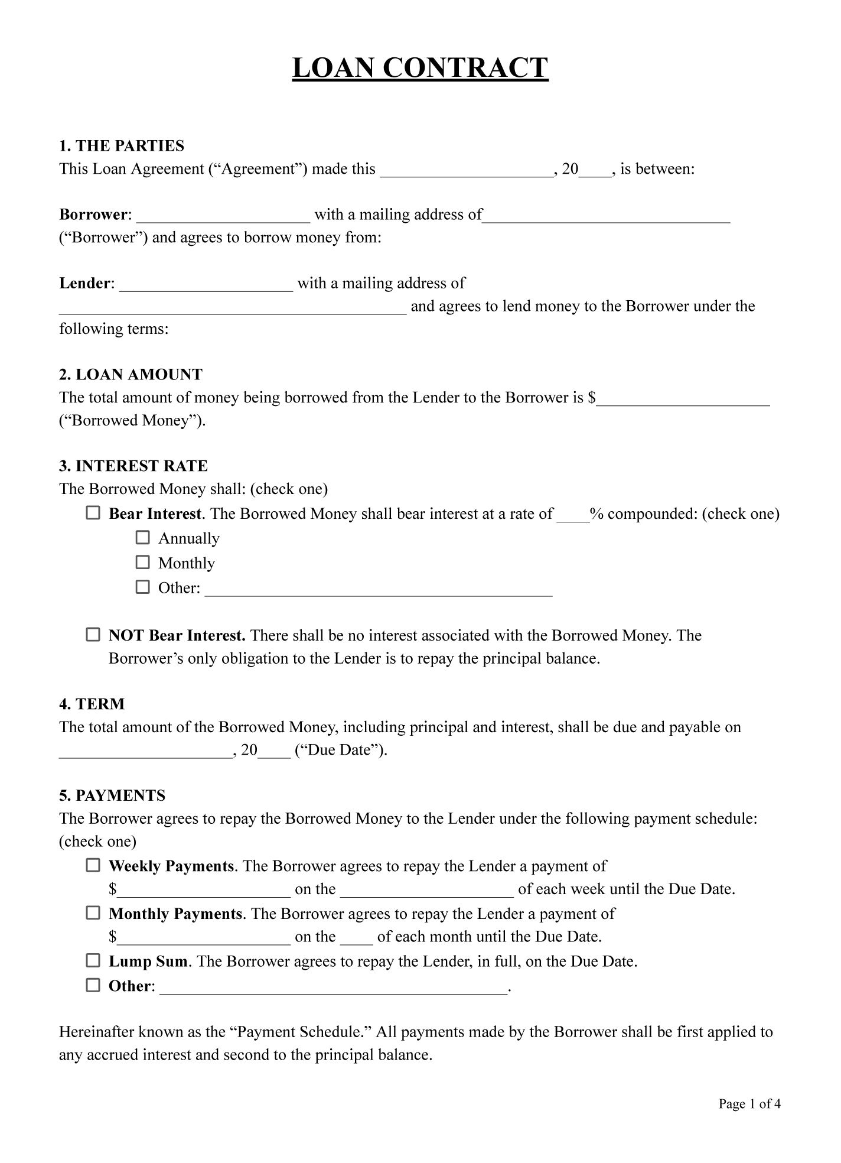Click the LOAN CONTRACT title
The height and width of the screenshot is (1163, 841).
point(420,68)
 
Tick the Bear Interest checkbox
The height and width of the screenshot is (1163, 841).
point(93,513)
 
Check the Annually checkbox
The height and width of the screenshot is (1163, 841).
point(143,538)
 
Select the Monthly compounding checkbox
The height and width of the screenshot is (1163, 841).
point(143,562)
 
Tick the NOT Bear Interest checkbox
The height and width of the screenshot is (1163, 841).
point(93,635)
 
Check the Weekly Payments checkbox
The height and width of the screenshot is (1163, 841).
point(93,866)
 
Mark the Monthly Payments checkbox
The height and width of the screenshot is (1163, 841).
point(93,914)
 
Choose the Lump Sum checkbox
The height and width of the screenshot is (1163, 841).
point(93,961)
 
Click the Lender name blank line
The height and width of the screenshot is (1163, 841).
point(206,285)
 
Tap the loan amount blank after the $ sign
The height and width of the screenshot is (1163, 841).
point(683,399)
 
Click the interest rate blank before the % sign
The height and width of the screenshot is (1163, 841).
point(573,516)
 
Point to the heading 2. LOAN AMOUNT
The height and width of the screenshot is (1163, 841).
point(131,375)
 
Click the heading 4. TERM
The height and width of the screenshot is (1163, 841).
point(92,704)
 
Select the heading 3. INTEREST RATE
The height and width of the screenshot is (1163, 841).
point(133,466)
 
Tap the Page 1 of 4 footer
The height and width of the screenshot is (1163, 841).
point(749,1104)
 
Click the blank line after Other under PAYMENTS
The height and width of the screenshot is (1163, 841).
point(334,988)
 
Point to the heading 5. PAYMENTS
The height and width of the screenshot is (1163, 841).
point(112,796)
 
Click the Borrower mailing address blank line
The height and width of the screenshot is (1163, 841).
point(607,216)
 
